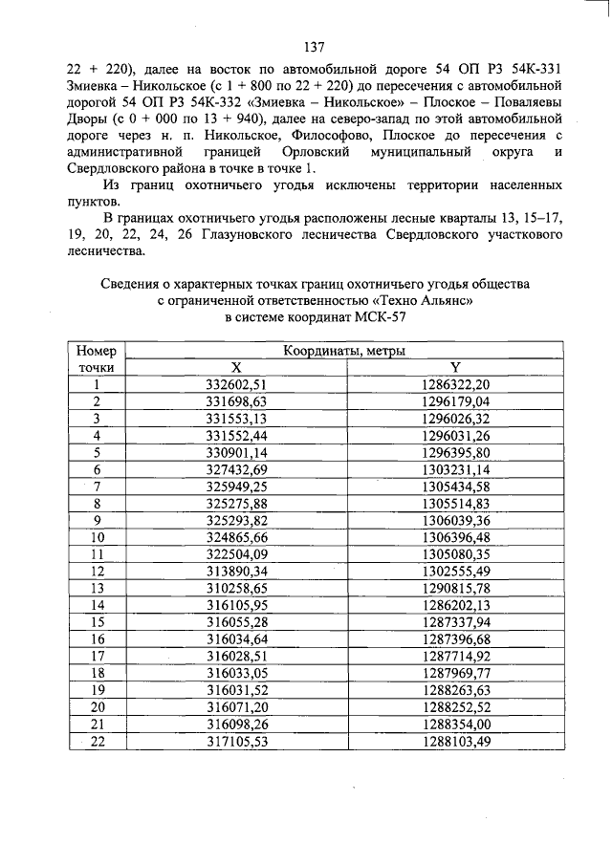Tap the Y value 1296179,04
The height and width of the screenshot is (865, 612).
point(455,401)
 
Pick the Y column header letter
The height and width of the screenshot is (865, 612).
point(455,367)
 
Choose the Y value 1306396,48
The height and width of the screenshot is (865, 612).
point(455,538)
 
